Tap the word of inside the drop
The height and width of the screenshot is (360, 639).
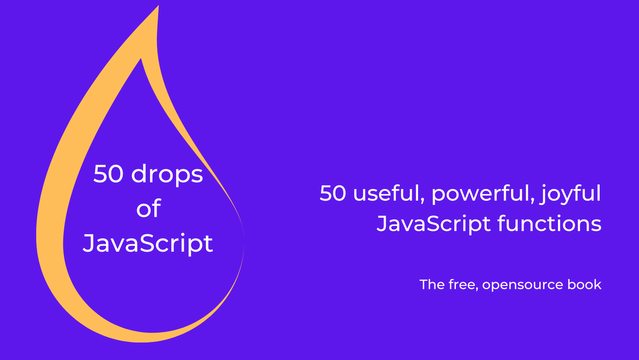click(148, 209)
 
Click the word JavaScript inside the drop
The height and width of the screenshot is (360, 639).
click(148, 243)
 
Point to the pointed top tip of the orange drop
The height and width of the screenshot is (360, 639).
click(158, 7)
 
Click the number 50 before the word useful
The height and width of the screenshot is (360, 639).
click(333, 194)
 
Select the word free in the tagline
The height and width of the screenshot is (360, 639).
click(461, 285)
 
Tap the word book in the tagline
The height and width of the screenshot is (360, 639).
click(585, 284)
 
